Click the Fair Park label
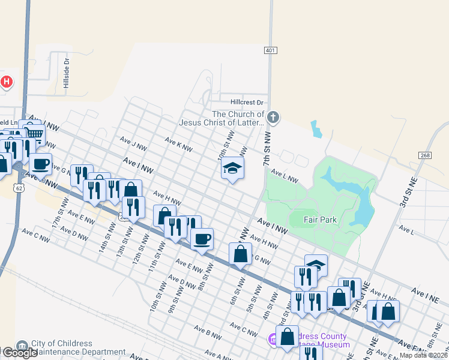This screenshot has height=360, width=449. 320,220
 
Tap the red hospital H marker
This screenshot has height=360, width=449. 7,82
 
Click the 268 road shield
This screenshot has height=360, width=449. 424,155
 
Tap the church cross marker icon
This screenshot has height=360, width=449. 273,117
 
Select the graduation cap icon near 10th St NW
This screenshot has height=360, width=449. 232,168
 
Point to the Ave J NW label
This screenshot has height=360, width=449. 133,145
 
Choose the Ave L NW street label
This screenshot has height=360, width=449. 284,175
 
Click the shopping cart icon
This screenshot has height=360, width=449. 36,134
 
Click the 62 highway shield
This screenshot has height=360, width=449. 20,188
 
